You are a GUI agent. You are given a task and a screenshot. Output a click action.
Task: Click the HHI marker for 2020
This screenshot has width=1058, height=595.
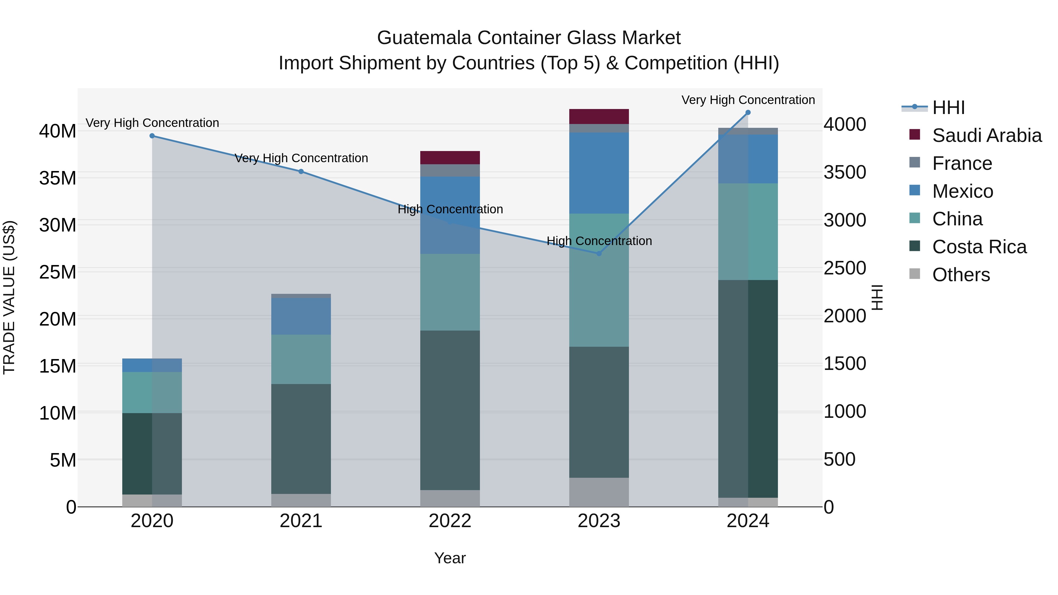[x=152, y=136]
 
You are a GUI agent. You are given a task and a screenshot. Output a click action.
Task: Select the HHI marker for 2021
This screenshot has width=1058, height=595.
[x=301, y=172]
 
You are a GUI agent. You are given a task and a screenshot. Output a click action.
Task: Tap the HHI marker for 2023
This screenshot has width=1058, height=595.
[x=599, y=254]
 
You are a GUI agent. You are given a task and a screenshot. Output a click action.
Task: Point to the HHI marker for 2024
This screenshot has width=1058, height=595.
[x=748, y=113]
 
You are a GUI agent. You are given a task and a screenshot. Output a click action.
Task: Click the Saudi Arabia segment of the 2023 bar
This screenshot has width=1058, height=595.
[x=599, y=117]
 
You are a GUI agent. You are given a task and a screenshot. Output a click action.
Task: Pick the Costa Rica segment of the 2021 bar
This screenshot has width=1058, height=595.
[x=301, y=439]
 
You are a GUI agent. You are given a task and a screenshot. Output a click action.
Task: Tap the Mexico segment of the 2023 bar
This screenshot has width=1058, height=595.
[x=599, y=173]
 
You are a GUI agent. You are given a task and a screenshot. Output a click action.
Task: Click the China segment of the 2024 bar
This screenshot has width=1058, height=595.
[x=748, y=232]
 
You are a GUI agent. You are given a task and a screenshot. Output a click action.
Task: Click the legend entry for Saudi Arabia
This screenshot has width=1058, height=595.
[x=987, y=135]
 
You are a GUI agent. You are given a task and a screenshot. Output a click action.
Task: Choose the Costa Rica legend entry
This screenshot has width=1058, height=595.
[x=979, y=247]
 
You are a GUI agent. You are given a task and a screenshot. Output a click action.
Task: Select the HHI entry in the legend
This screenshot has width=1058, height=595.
[x=948, y=108]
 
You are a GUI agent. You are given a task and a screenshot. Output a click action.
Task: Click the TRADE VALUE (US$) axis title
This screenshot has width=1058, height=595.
[x=9, y=297]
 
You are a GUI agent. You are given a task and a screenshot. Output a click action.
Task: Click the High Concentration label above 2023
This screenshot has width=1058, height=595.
[x=599, y=241]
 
